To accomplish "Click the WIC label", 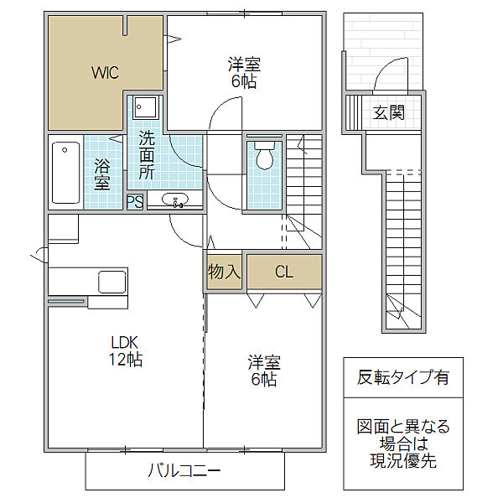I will click(105, 72).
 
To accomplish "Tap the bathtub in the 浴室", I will click(65, 174).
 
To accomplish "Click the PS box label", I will click(134, 201).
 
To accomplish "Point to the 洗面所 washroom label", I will click(147, 155).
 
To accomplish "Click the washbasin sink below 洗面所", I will click(175, 200).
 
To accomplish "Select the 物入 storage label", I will click(224, 272).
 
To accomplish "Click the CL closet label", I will click(283, 272).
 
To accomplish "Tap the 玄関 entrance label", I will click(389, 112).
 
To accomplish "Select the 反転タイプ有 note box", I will click(402, 377).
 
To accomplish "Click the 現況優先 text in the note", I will click(402, 460).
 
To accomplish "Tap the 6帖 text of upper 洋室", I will click(244, 81).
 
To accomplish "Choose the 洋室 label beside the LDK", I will click(263, 363).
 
